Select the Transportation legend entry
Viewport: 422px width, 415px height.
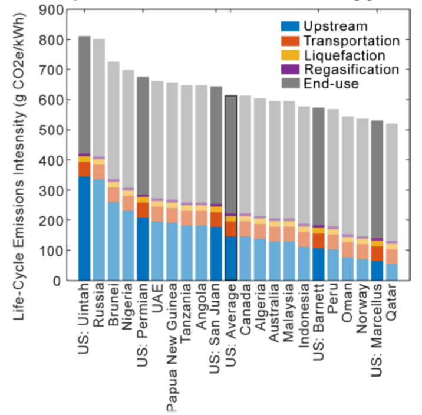[350, 41]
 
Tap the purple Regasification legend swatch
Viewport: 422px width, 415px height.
[290, 70]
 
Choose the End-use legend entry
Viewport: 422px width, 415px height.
[331, 84]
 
